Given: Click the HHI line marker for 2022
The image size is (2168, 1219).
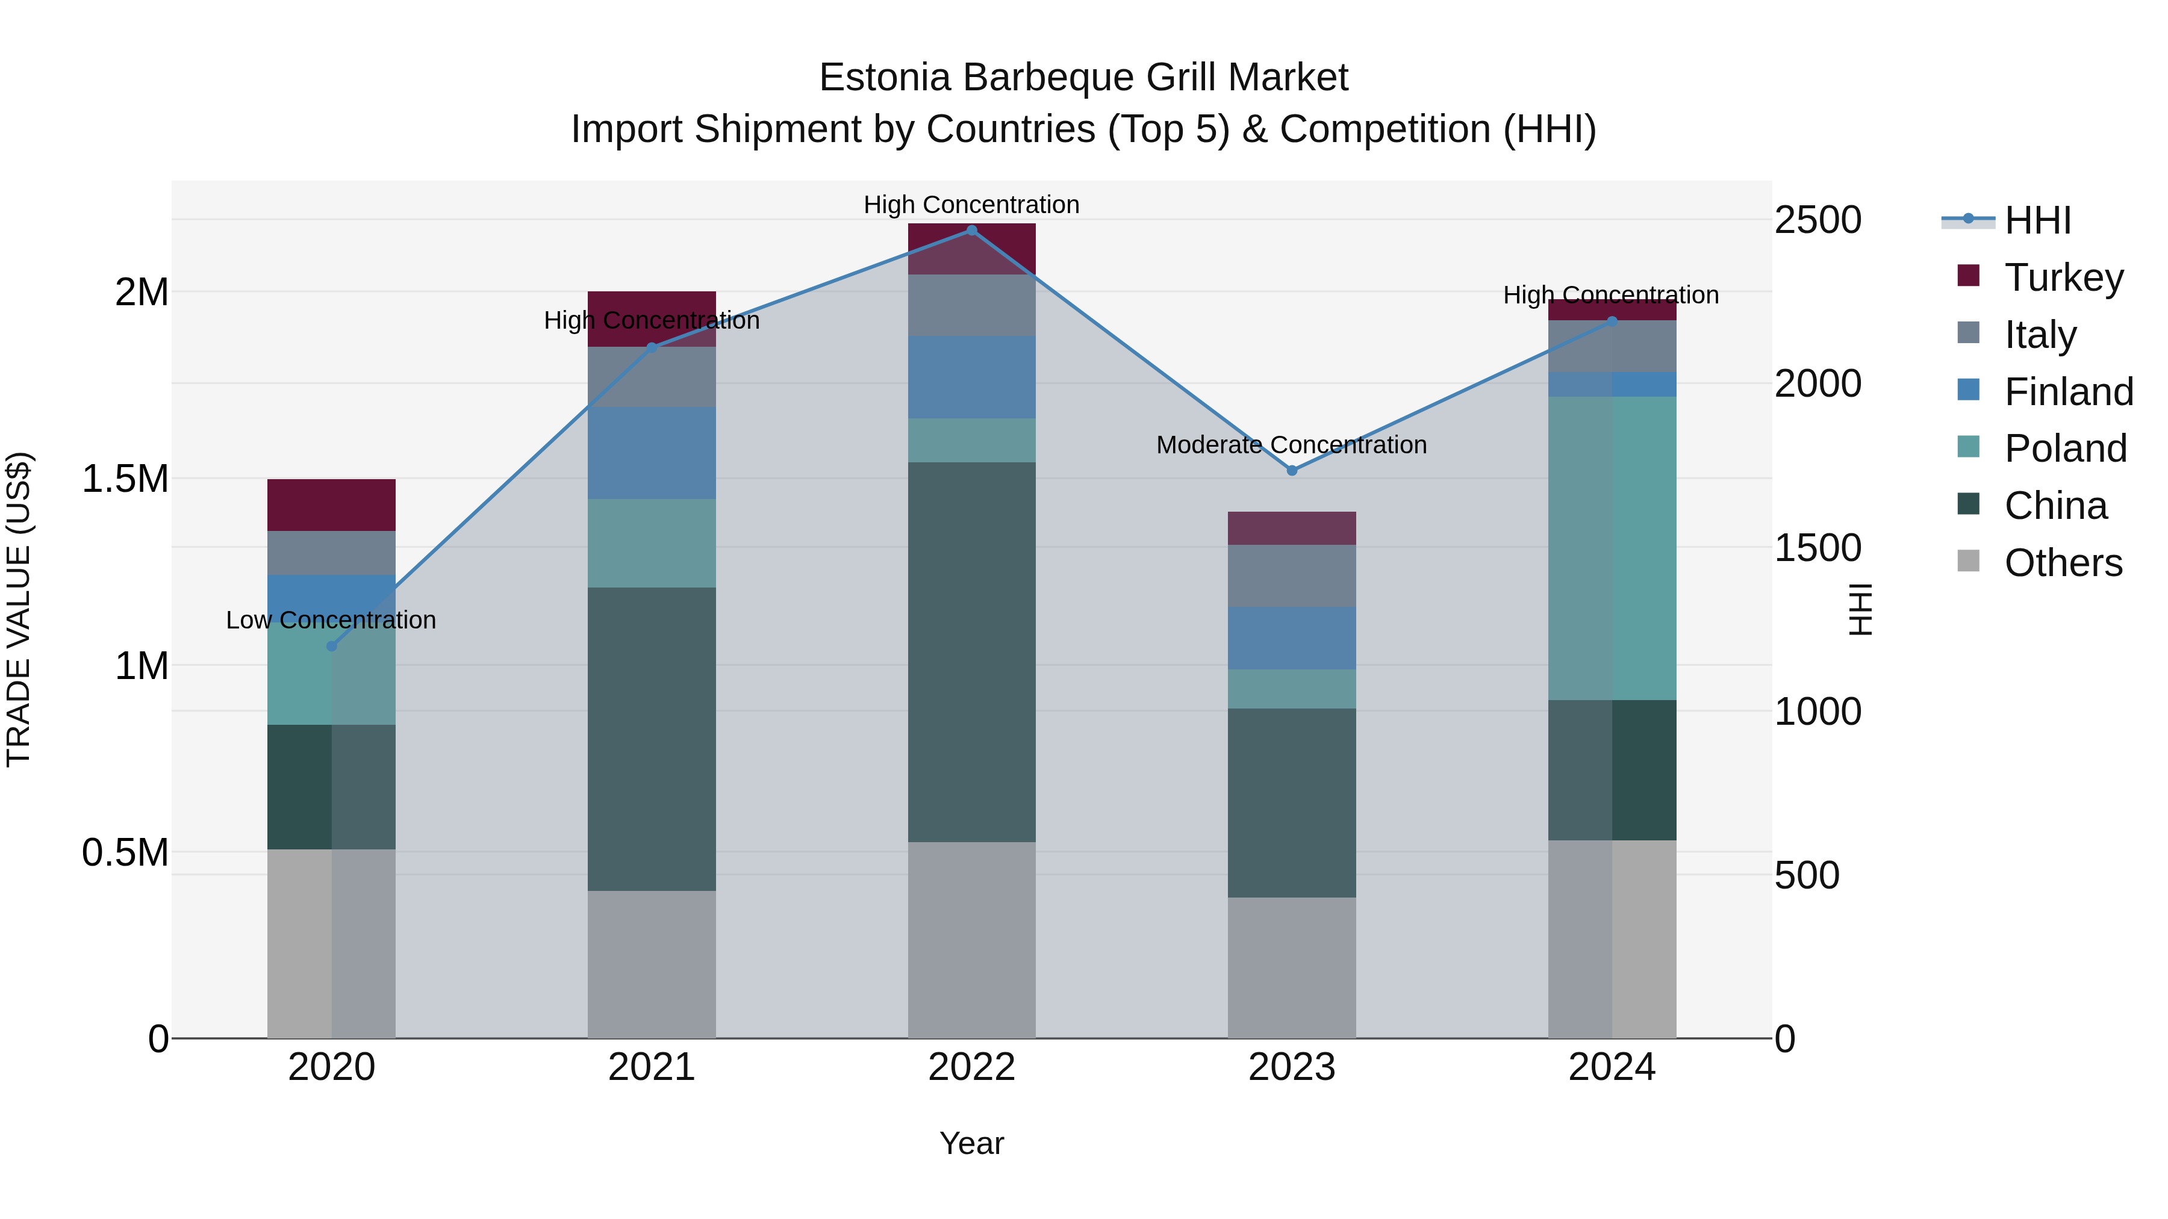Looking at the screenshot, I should (971, 231).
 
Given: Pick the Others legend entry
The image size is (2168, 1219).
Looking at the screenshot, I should (2062, 562).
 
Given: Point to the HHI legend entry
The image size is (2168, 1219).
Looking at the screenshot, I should (2037, 220).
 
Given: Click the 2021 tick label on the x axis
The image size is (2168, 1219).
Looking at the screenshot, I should (652, 1067).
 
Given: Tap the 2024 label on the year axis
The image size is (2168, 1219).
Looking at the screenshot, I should (1612, 1067).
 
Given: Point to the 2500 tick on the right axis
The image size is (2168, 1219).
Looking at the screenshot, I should (1818, 220).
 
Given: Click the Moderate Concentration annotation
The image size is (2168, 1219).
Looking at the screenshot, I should (1291, 444).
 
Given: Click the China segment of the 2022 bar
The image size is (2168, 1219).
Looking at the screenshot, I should (971, 652).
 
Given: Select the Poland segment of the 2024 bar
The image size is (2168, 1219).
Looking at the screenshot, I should (1612, 548).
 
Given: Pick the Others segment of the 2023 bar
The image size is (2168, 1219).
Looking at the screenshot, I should (1292, 967).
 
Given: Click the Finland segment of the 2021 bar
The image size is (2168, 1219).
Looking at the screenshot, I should (652, 453).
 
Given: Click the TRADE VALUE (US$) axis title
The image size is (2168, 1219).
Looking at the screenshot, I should (19, 609).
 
